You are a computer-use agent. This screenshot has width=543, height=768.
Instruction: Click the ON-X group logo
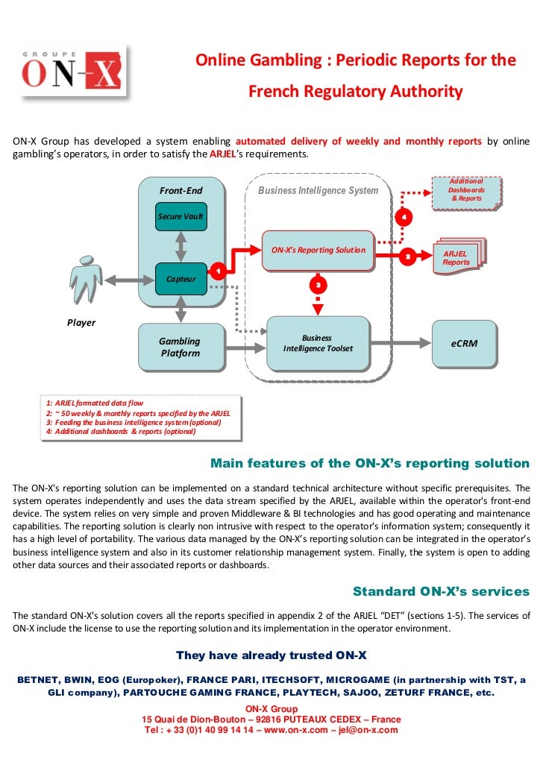[x=72, y=72]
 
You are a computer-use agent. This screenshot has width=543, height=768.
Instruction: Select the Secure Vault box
[x=181, y=216]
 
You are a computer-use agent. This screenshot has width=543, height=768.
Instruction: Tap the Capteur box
[x=181, y=279]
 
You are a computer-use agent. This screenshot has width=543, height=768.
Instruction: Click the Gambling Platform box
[x=181, y=347]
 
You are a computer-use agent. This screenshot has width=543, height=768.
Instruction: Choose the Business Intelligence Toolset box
[x=318, y=343]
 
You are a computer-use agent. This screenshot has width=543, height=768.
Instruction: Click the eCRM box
[x=464, y=344]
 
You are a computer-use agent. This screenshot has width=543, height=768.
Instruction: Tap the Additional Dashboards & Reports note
[x=466, y=191]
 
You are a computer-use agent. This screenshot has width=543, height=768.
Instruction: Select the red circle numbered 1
[x=217, y=271]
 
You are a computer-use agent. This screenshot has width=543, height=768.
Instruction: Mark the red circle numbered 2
[x=407, y=257]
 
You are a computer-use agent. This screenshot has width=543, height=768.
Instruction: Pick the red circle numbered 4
[x=404, y=217]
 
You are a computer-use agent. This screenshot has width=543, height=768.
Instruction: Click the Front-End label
[x=181, y=191]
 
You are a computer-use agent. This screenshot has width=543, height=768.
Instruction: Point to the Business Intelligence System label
[x=318, y=191]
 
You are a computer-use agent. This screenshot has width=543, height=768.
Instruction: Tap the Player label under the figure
[x=82, y=323]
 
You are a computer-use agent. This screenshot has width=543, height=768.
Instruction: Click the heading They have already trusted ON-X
[x=271, y=655]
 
